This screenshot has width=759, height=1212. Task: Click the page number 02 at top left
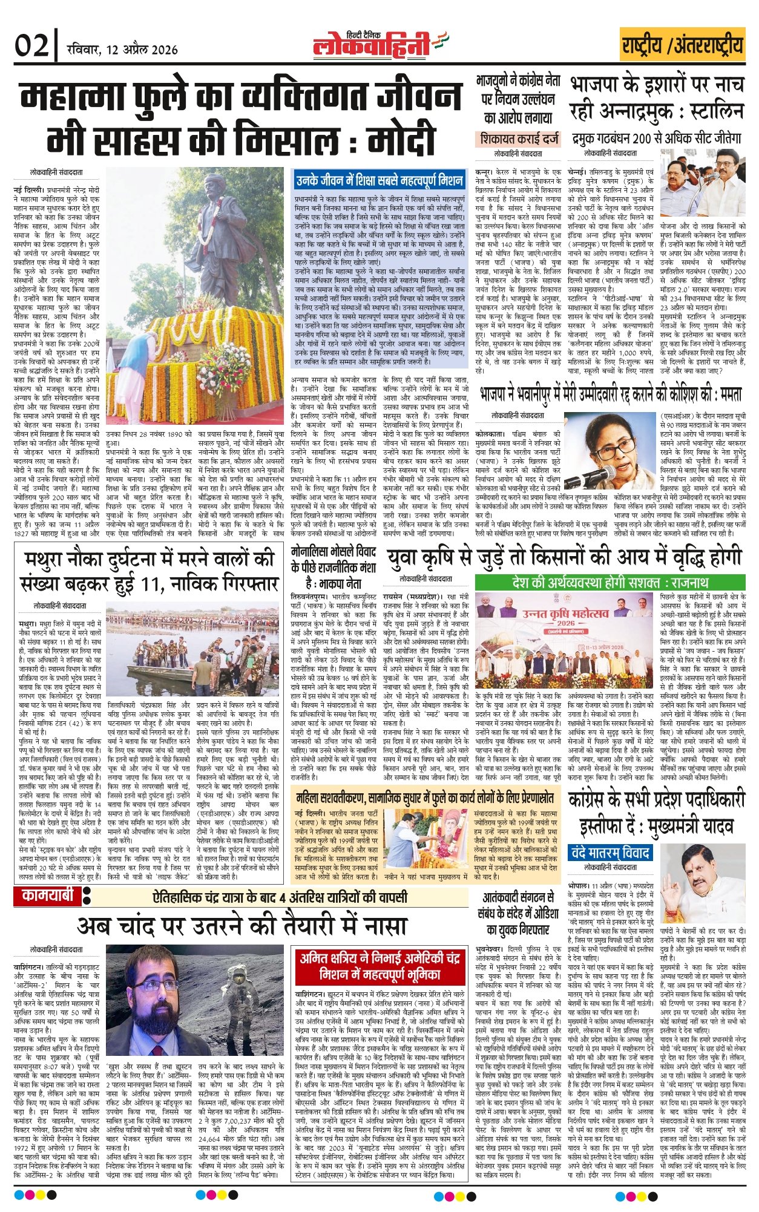32,46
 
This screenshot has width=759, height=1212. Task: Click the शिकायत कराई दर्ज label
519,139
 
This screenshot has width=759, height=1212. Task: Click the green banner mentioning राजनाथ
609,583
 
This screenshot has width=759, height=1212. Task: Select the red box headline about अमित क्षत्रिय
379,967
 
